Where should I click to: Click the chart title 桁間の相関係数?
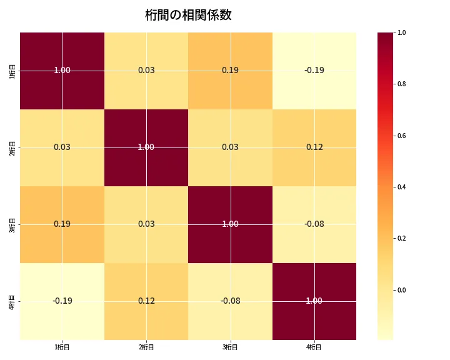point(188,15)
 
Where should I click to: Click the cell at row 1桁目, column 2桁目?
point(146,70)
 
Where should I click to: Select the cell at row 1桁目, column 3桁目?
point(230,70)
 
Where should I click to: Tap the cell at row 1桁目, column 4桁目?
point(314,70)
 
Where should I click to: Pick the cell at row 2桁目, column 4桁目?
point(314,147)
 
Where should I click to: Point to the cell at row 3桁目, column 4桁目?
point(314,224)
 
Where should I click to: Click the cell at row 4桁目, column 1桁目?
point(62,301)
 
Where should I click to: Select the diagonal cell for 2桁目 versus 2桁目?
point(146,147)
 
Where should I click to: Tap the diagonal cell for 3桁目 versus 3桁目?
point(230,224)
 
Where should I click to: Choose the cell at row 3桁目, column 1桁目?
point(62,224)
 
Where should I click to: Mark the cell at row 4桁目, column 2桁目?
point(146,301)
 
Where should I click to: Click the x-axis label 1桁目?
point(62,347)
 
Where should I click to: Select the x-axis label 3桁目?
point(230,347)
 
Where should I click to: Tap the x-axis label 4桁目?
point(314,347)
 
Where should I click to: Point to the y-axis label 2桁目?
point(12,147)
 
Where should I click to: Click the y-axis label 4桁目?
point(12,301)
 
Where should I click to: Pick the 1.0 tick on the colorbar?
point(402,32)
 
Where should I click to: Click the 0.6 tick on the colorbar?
point(402,136)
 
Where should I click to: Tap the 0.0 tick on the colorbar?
point(402,290)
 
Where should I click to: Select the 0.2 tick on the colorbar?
point(402,238)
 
